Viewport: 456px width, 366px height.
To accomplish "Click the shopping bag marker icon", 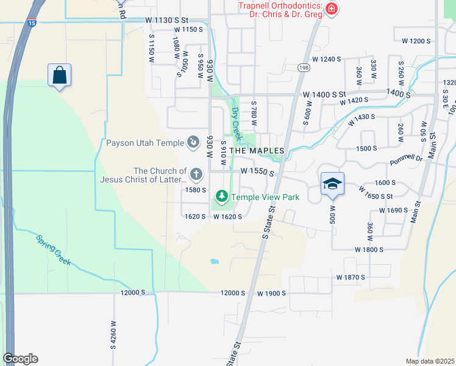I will click(x=59, y=76).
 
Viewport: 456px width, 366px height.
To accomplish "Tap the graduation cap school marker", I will click(x=332, y=184).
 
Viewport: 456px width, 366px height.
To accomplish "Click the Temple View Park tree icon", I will click(x=222, y=196).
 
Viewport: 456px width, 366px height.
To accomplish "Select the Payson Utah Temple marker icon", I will click(x=193, y=143).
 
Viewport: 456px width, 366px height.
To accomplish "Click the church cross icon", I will click(x=196, y=175).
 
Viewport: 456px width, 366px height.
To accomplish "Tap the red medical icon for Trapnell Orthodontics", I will click(x=331, y=9).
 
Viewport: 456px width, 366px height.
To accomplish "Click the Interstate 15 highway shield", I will click(x=31, y=23).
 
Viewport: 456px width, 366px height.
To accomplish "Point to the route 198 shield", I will click(x=304, y=67).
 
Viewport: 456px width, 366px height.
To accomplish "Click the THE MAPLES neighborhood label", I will click(x=256, y=151).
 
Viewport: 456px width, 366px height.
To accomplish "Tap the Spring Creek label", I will click(x=53, y=250).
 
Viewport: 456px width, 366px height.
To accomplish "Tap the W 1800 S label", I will click(x=369, y=249).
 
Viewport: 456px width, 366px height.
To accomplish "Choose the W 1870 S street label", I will click(x=350, y=277).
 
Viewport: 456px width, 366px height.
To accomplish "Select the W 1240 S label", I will click(x=326, y=59).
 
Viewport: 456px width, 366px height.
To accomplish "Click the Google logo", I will click(x=20, y=359).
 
